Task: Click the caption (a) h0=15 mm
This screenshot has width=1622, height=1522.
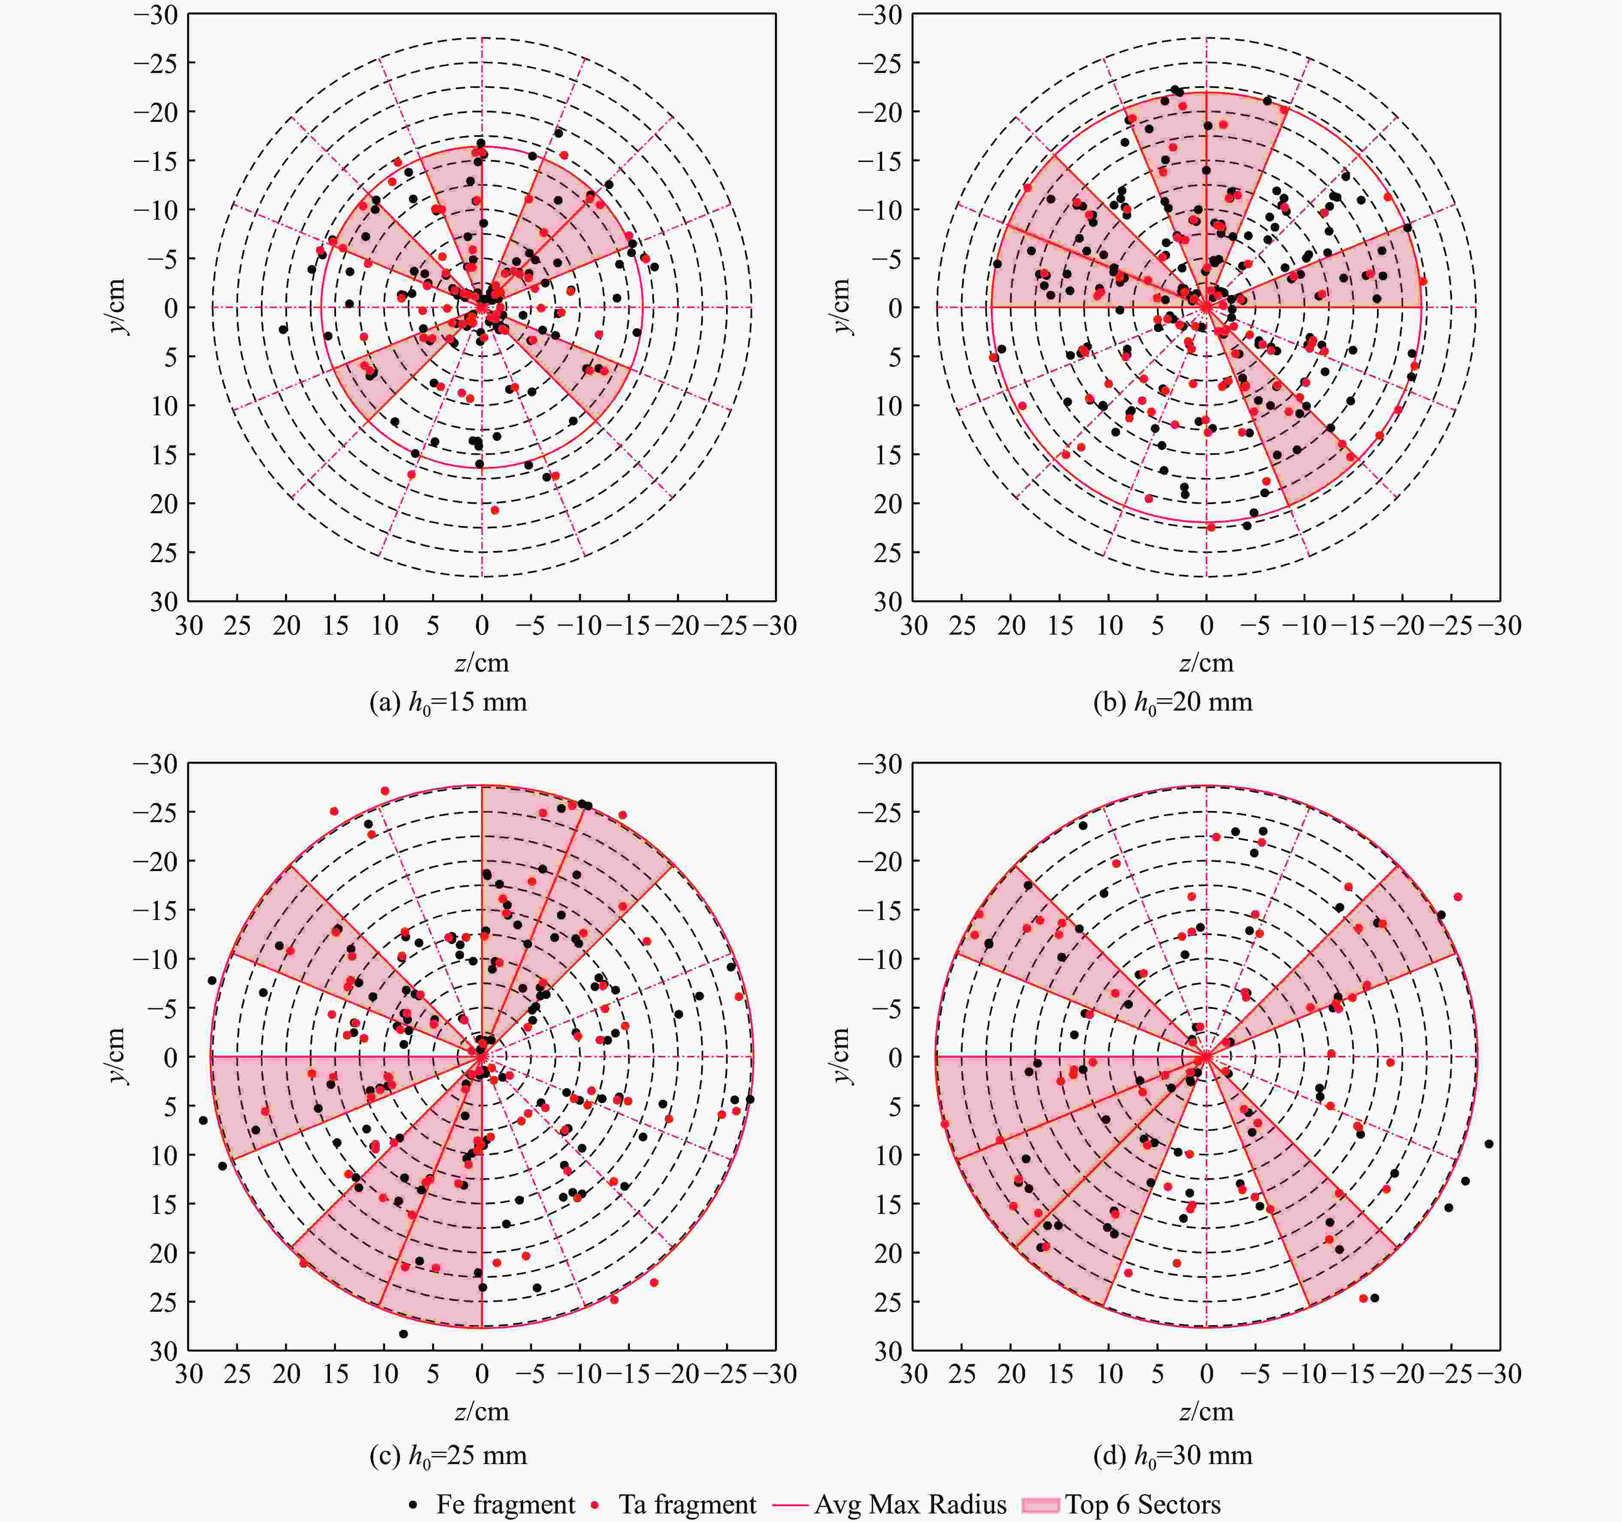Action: click(x=448, y=702)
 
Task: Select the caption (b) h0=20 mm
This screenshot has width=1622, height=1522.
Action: click(x=1172, y=702)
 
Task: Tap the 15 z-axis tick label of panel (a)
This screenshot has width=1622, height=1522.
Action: click(x=335, y=626)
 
